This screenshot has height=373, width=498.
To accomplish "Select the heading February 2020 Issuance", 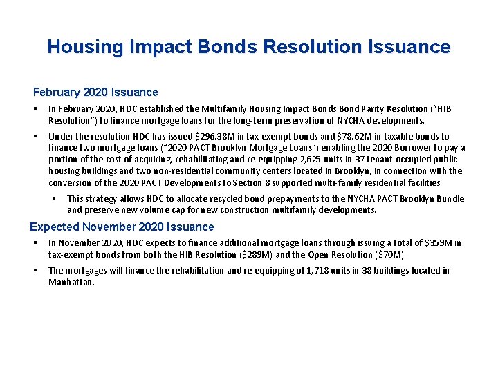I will [x=95, y=92].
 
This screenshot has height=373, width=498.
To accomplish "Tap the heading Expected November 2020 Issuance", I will [x=122, y=227].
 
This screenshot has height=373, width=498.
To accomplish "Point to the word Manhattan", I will [x=71, y=282].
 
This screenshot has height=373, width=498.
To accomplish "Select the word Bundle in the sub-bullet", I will [x=449, y=199].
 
